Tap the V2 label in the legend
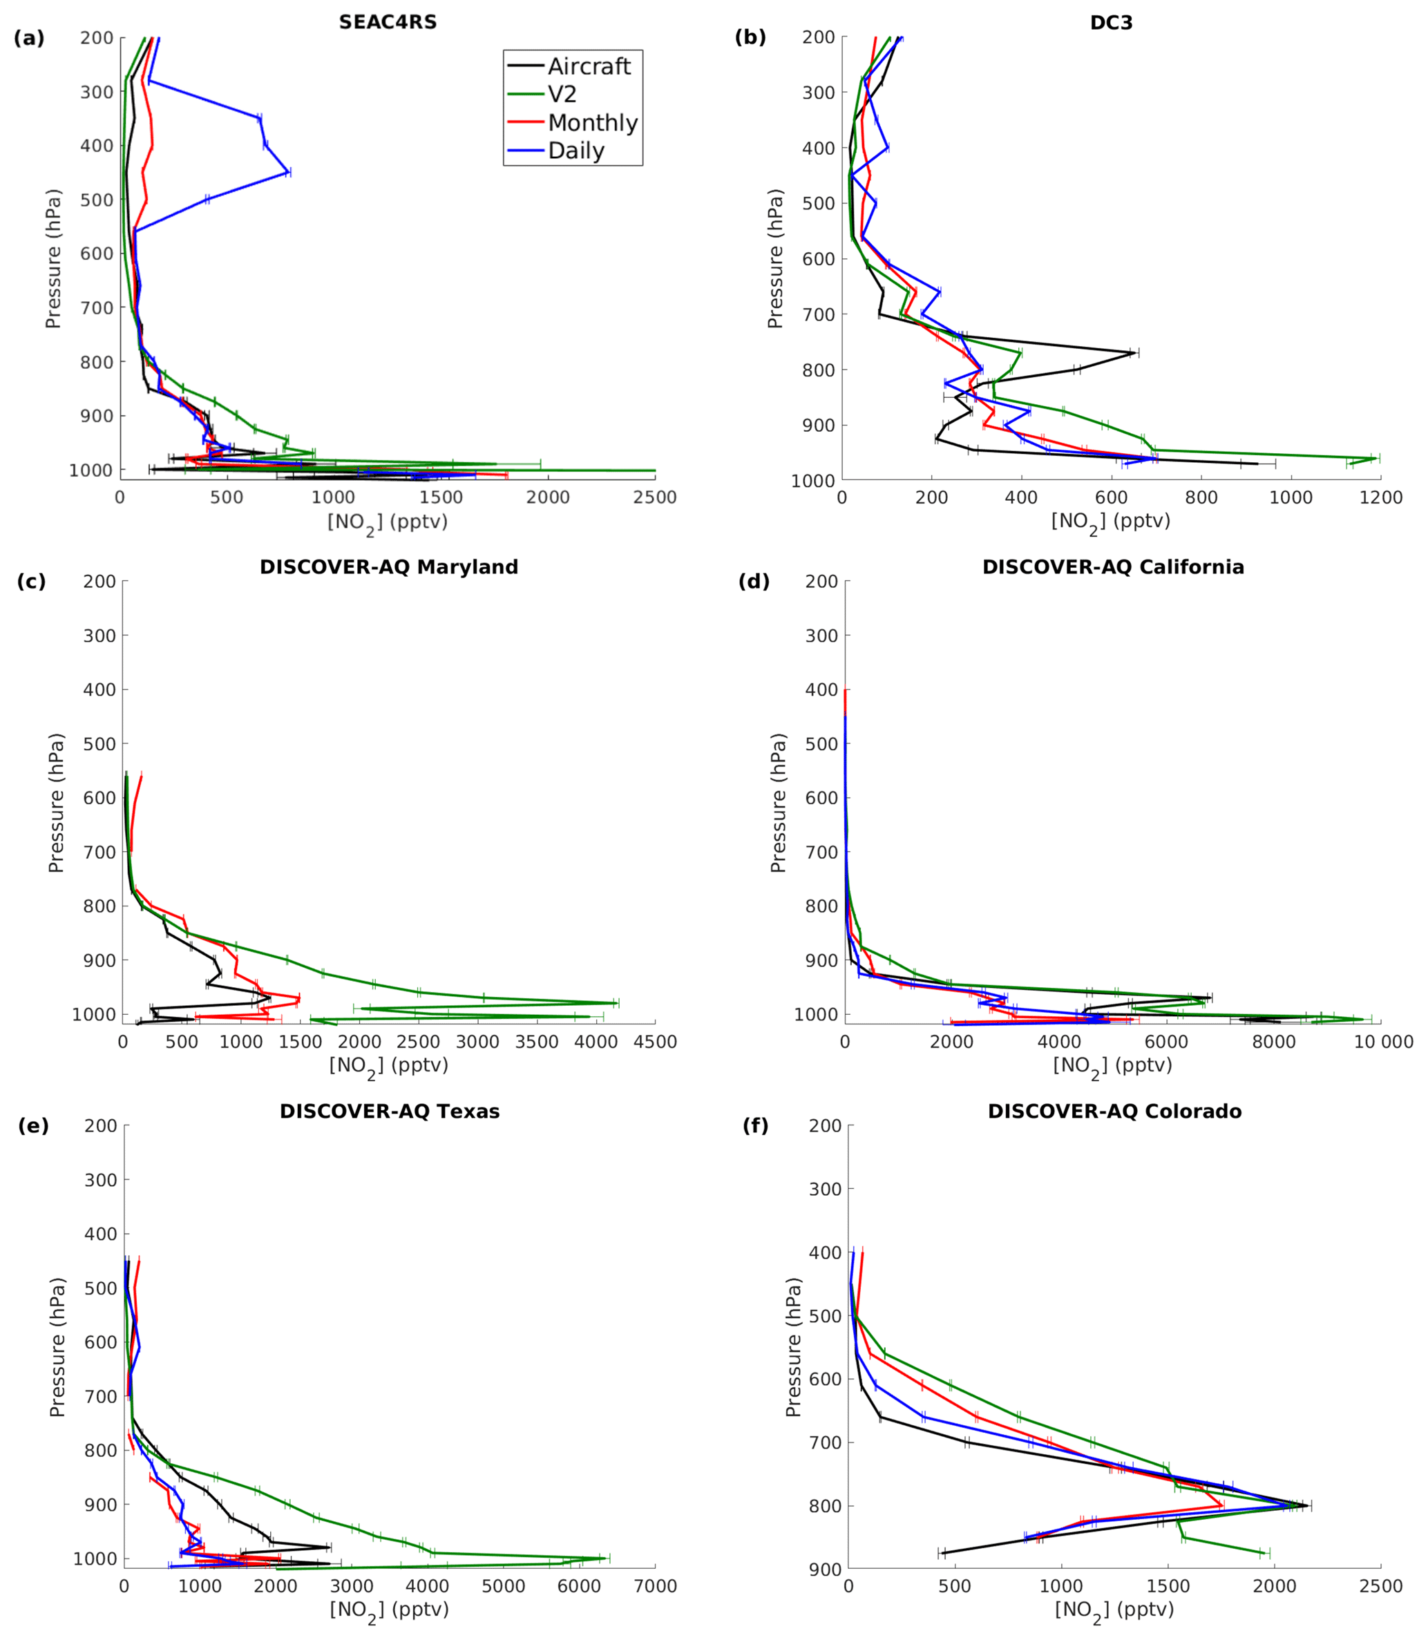click(x=562, y=95)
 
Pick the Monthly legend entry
click(x=592, y=124)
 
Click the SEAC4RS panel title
click(x=388, y=22)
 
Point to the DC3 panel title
click(x=1111, y=23)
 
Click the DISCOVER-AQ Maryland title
click(x=389, y=567)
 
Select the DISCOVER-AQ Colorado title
click(x=1114, y=1112)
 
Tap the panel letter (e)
click(x=33, y=1126)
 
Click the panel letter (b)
click(x=750, y=37)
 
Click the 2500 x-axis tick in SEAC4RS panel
click(x=655, y=498)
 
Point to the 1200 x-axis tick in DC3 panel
click(x=1380, y=498)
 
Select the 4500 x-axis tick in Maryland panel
click(x=655, y=1042)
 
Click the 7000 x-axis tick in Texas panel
click(x=655, y=1587)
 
